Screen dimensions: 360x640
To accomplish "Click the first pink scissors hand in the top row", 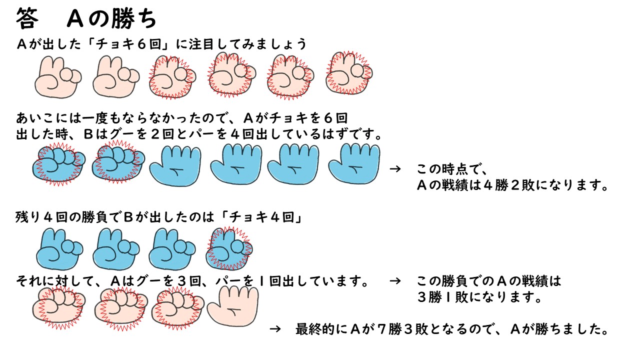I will click(x=58, y=77).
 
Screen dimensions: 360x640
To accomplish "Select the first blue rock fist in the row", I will click(x=57, y=164).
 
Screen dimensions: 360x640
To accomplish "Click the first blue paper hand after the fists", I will click(x=175, y=165).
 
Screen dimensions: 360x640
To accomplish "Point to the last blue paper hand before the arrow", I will click(x=354, y=163).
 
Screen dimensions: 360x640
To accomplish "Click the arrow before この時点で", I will click(x=395, y=168).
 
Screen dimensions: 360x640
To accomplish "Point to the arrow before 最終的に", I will click(x=274, y=329).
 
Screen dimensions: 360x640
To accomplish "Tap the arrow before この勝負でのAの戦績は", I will click(x=395, y=281).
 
